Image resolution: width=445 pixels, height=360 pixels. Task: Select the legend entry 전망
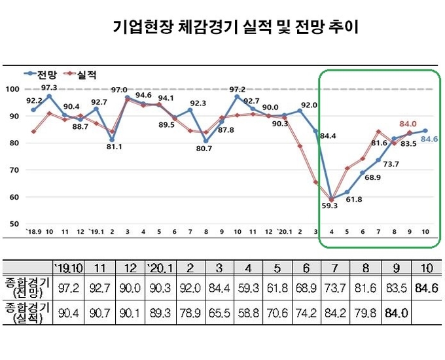pyautogui.click(x=44, y=75)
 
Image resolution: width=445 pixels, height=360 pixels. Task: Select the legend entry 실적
pyautogui.click(x=86, y=75)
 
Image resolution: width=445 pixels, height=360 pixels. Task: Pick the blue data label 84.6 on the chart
pyautogui.click(x=429, y=138)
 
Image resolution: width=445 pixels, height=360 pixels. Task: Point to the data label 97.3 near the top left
pyautogui.click(x=50, y=87)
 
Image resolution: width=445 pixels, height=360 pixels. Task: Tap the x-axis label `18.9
pyautogui.click(x=33, y=232)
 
